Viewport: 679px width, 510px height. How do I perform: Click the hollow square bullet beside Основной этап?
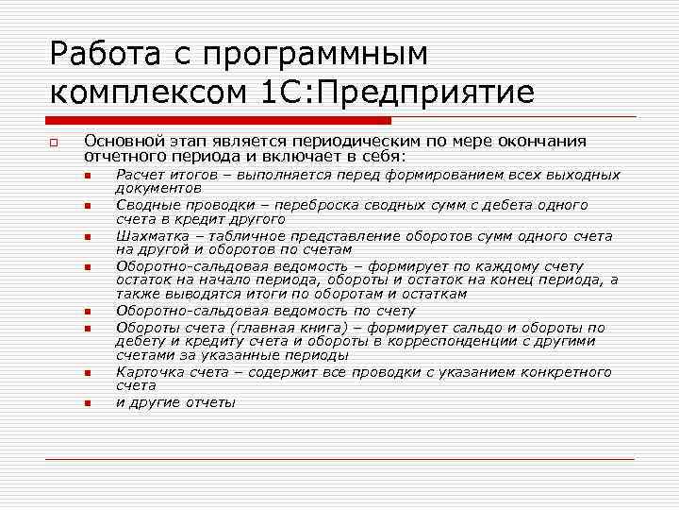click(56, 144)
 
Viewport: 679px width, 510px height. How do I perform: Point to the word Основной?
click(118, 141)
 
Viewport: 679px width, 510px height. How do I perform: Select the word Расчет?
click(140, 175)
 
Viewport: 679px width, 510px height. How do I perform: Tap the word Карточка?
click(148, 372)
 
